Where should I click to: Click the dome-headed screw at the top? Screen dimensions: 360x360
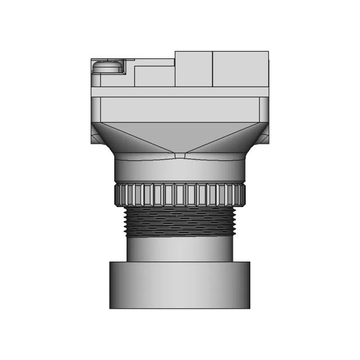107,66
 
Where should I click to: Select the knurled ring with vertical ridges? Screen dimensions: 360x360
180,195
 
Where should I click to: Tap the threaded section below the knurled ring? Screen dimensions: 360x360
180,221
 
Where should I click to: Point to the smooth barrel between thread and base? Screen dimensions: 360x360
180,249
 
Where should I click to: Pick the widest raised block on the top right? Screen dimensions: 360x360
240,69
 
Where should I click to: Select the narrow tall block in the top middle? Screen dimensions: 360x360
193,69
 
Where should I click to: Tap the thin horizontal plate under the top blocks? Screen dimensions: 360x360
180,92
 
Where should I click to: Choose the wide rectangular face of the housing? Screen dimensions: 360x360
180,109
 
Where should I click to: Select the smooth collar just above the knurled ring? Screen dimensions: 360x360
180,170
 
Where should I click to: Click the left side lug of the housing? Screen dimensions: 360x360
95,135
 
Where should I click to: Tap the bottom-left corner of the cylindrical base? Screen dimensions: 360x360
110,308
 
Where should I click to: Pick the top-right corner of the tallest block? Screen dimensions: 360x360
268,52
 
